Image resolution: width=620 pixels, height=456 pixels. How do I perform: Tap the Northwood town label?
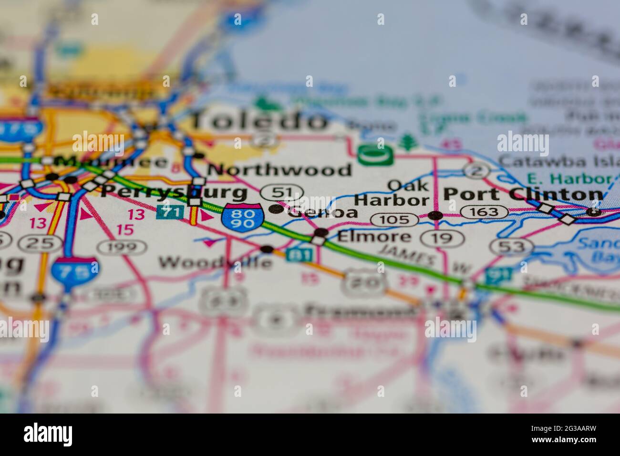[x=279, y=169]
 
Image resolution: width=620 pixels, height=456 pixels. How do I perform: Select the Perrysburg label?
[x=174, y=192]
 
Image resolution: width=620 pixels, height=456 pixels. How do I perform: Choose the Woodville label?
[x=215, y=262]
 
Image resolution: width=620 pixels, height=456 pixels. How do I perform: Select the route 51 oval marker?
[x=281, y=193]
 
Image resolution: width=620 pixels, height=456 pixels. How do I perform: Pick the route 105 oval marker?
[x=395, y=219]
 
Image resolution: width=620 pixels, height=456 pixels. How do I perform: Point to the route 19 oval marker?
[x=442, y=238]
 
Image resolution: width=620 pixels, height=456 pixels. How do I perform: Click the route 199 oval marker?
[x=122, y=247]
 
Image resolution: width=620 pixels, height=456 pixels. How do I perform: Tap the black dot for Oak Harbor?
[x=435, y=216]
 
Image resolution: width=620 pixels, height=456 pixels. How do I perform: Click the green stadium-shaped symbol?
[x=375, y=155]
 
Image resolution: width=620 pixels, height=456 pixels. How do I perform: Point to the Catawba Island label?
[x=558, y=161]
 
